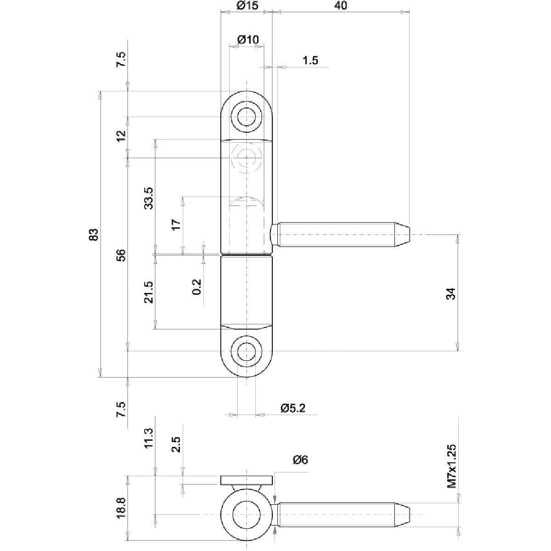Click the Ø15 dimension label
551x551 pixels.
pyautogui.click(x=247, y=6)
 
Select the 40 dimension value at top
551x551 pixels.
pyautogui.click(x=341, y=6)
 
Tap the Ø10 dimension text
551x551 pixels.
pyautogui.click(x=248, y=40)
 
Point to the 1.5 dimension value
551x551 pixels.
pyautogui.click(x=310, y=61)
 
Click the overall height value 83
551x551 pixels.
pyautogui.click(x=94, y=234)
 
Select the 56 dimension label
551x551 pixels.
pyautogui.click(x=121, y=255)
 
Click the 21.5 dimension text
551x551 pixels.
pyautogui.click(x=148, y=292)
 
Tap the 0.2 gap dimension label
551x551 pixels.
pyautogui.click(x=197, y=287)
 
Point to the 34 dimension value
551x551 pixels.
pyautogui.click(x=451, y=293)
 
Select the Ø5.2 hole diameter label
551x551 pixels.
pyautogui.click(x=292, y=408)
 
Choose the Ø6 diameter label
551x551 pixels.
pyautogui.click(x=299, y=460)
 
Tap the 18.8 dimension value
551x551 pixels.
pyautogui.click(x=121, y=506)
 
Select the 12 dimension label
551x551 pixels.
pyautogui.click(x=121, y=136)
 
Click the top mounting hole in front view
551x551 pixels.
pyautogui.click(x=247, y=115)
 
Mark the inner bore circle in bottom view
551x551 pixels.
pyautogui.click(x=247, y=514)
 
